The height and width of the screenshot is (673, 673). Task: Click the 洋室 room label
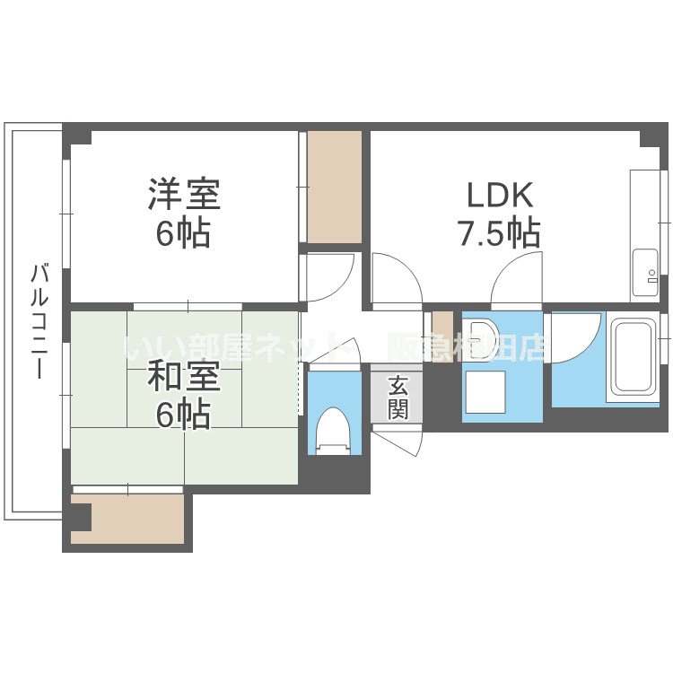click(184, 195)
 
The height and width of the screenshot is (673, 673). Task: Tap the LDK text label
click(499, 195)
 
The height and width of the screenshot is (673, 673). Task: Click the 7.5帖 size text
click(499, 234)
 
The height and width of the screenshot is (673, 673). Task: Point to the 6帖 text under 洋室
click(184, 234)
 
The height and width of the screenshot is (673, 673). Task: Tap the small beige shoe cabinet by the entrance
click(442, 324)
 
